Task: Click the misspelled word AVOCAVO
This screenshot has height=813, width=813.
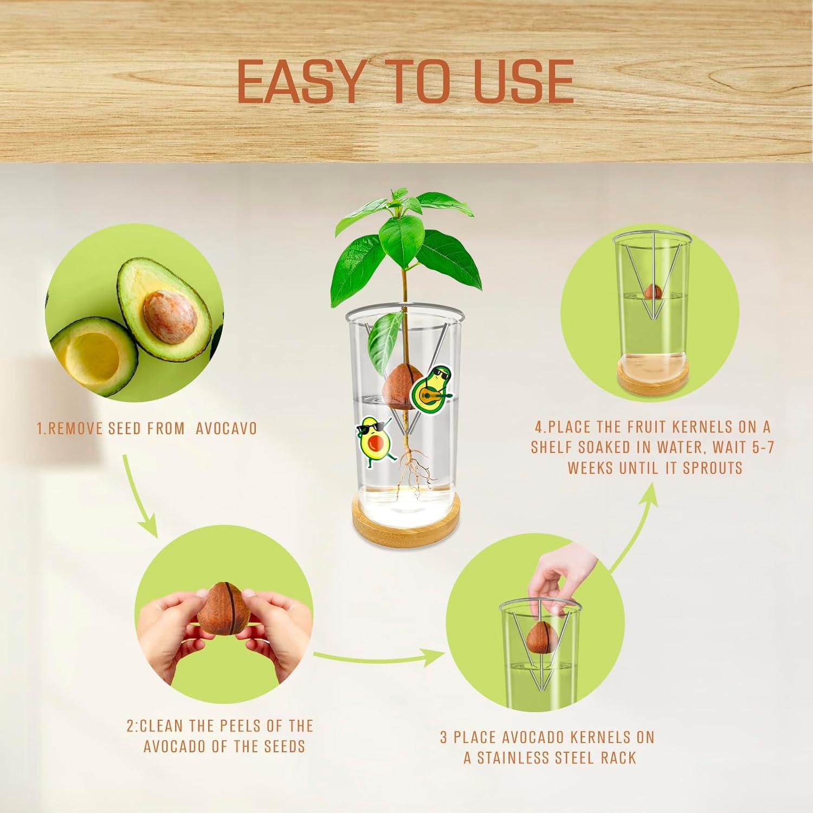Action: pos(226,429)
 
